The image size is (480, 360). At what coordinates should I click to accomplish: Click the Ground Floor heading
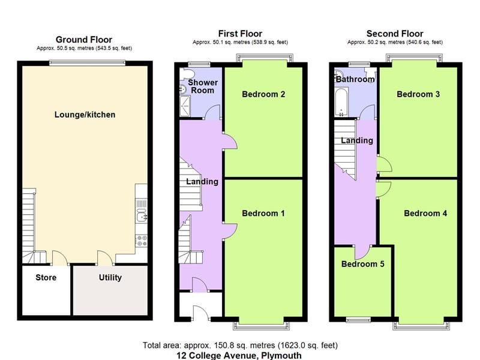coord(84,40)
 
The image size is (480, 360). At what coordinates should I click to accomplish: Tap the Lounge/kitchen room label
coord(85,115)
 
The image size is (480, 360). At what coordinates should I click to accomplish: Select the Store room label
coord(46,278)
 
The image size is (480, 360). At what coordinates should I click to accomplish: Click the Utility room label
coord(110,278)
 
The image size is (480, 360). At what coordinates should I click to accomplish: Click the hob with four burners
coord(142,241)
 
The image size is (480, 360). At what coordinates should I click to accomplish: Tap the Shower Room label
coord(203,86)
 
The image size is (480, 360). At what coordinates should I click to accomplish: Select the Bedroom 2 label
coord(263,94)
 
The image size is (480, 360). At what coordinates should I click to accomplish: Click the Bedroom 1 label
coord(263,214)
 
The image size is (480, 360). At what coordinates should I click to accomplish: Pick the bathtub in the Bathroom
coord(341,102)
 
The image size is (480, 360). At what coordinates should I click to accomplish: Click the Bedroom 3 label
coord(418,94)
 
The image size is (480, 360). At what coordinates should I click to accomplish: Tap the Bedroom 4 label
coord(425,214)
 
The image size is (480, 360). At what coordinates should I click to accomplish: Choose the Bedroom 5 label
coord(363,264)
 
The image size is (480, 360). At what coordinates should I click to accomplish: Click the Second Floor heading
coord(395,34)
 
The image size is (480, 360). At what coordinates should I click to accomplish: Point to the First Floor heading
coord(241,34)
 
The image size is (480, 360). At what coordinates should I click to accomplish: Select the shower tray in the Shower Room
coord(185,106)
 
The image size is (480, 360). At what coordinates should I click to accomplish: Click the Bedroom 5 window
coord(358,320)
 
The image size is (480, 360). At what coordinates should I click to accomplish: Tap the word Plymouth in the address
coord(281,356)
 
